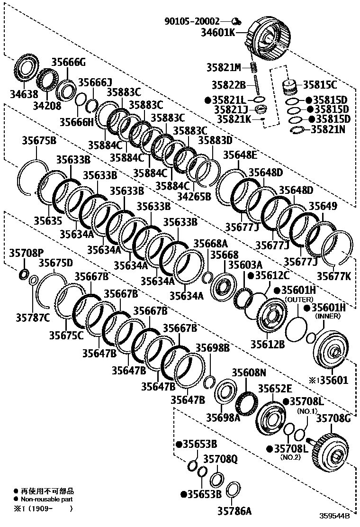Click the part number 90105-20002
192,21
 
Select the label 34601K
218,32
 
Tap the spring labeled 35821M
254,68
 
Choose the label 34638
24,94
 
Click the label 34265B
194,196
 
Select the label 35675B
39,140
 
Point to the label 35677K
334,276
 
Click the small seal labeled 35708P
24,274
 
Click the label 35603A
245,265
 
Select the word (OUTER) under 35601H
299,299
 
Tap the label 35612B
268,344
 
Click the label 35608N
249,373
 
